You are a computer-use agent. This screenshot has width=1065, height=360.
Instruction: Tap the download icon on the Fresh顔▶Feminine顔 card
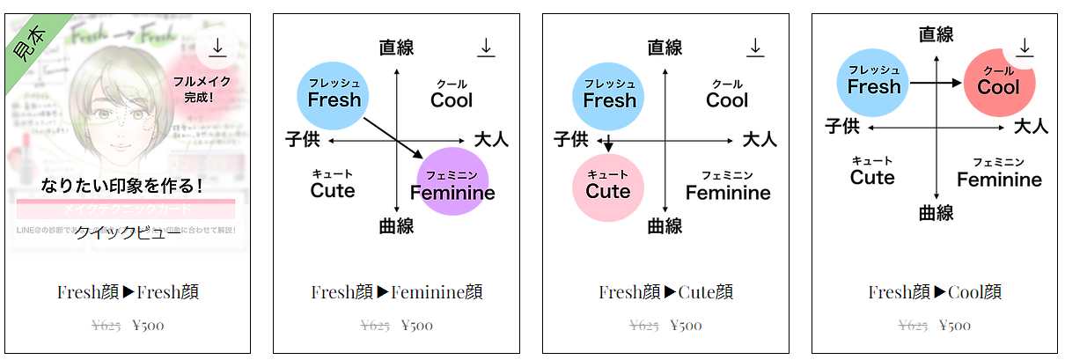point(486,48)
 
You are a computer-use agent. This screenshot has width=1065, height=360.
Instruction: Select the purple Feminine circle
point(452,182)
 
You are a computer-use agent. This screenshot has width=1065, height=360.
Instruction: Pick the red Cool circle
point(998,84)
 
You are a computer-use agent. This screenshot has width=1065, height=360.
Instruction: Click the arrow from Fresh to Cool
point(936,83)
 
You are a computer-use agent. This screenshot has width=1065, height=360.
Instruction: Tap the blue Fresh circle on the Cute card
point(609,95)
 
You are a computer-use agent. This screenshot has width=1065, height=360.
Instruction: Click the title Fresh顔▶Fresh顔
point(128,292)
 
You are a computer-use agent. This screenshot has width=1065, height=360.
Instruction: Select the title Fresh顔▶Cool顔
point(935,292)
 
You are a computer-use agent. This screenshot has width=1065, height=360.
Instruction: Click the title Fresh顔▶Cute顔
point(665,292)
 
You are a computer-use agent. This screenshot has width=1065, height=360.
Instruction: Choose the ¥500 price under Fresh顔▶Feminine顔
point(417,326)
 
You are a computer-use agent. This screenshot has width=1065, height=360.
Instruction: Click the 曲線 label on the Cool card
point(936,213)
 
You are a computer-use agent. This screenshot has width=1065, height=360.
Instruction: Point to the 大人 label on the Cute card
point(760,139)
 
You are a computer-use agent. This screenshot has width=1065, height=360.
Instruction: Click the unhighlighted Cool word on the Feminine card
point(452,99)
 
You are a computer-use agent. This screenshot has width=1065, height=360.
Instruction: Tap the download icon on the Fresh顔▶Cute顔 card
point(754,48)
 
